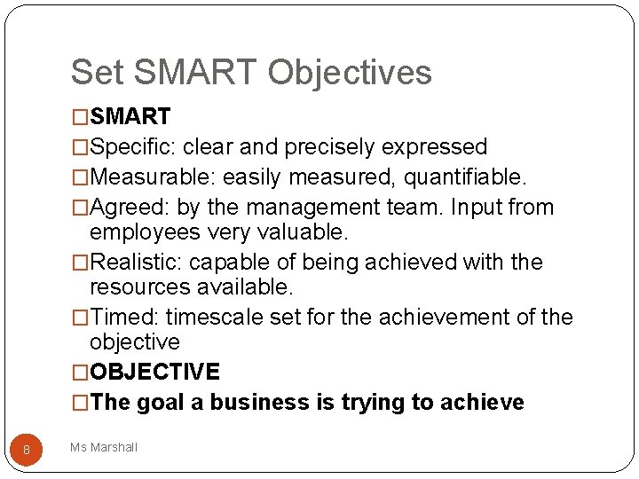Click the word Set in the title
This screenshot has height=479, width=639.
point(94,73)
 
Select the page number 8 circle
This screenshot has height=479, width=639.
point(27,450)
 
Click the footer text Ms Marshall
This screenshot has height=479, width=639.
point(104,448)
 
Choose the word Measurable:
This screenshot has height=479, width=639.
point(153,177)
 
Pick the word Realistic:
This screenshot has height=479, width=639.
point(137,263)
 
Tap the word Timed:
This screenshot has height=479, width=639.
point(125,318)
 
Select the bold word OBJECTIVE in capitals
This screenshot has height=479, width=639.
point(154,372)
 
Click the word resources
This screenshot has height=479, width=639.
point(140,287)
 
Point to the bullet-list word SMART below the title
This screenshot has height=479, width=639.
point(130,117)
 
